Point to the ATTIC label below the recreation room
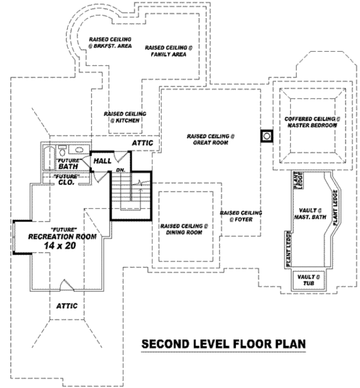coord(67,306)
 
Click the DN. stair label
coord(119,171)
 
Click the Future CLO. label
coord(65,181)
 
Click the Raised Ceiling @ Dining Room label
coord(184,229)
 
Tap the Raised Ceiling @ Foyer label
coord(241,217)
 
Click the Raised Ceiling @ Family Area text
coord(168,50)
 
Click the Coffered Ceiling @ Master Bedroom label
coord(312,122)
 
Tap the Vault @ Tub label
coord(310,279)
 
